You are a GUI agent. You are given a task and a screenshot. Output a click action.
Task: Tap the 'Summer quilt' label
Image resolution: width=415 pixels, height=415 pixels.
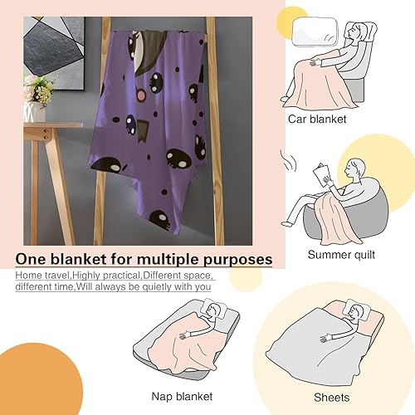(340, 255)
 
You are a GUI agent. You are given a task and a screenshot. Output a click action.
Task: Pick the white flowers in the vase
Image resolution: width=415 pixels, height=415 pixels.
(38, 86)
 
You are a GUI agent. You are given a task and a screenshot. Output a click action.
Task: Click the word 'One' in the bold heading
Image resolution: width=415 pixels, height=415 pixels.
(34, 260)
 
